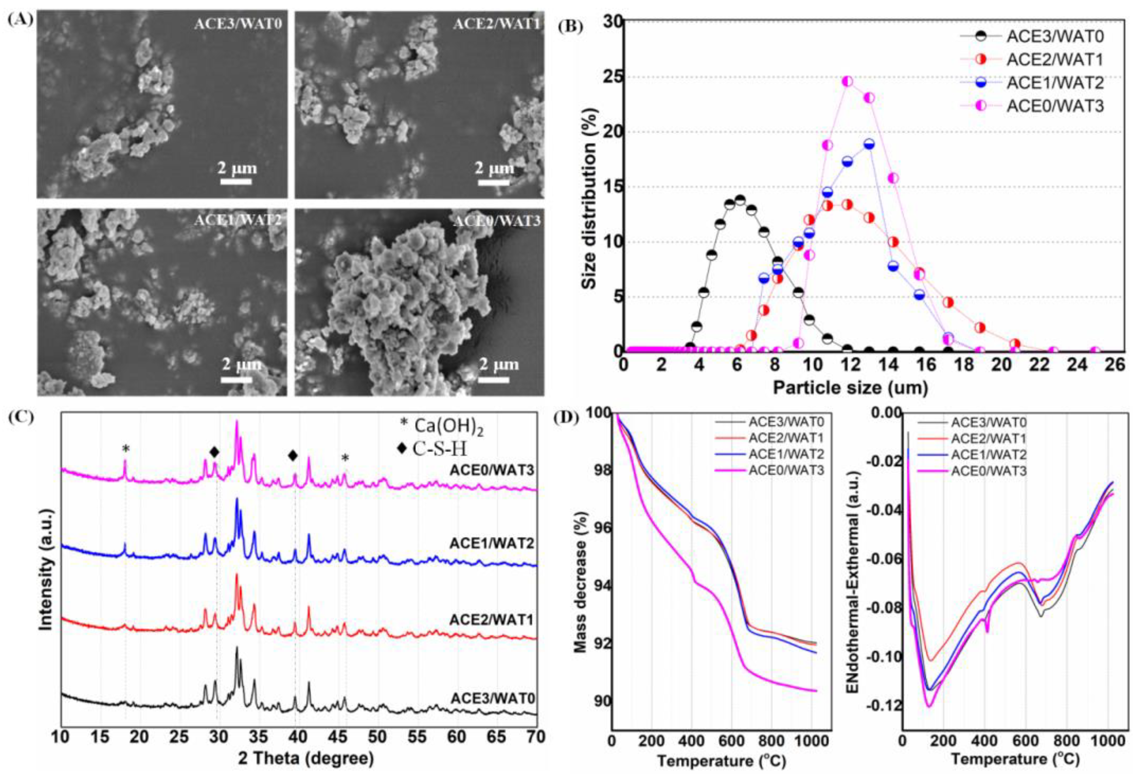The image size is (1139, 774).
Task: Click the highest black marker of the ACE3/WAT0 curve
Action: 740,200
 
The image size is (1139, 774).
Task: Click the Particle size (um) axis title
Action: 850,388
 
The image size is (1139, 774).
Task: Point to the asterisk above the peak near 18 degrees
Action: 126,448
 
